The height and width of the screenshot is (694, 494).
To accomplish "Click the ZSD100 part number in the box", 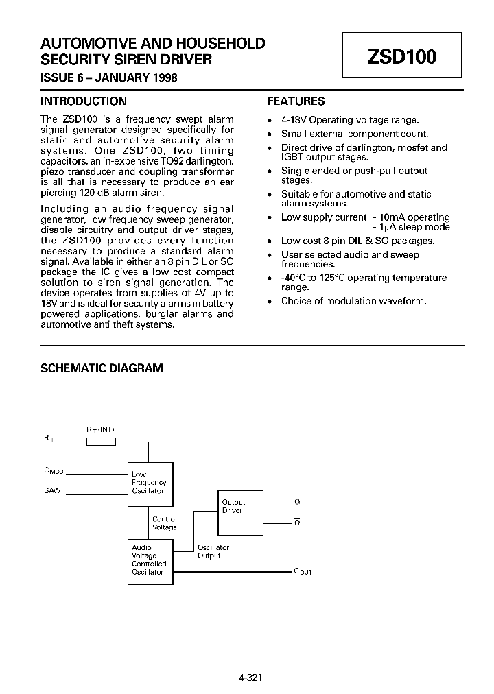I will (402, 57).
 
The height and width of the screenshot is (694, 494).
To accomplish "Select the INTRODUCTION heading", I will (84, 101).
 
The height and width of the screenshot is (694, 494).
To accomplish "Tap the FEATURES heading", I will (296, 101).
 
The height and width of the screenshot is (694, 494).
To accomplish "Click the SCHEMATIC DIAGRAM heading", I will (102, 368).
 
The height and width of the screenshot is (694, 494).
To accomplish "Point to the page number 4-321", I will (250, 678).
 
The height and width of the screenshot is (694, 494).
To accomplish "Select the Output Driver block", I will (241, 512).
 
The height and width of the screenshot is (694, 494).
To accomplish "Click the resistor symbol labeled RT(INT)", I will (101, 442).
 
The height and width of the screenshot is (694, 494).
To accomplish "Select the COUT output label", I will (303, 571).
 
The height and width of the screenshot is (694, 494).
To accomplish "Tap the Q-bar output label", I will (297, 523).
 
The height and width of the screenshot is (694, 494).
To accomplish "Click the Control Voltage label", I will (165, 523).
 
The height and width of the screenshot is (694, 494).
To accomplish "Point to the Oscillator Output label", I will (213, 551).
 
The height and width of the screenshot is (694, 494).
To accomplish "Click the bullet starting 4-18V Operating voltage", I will (350, 119).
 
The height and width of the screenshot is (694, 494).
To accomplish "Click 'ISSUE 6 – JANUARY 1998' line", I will (109, 78).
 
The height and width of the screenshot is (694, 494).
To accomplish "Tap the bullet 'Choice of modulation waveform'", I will (353, 301).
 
